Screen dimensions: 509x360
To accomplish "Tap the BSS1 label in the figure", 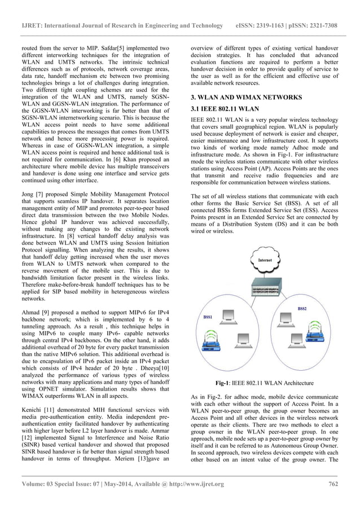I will [207, 318].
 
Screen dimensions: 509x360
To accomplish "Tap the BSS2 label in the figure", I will [302, 309].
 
